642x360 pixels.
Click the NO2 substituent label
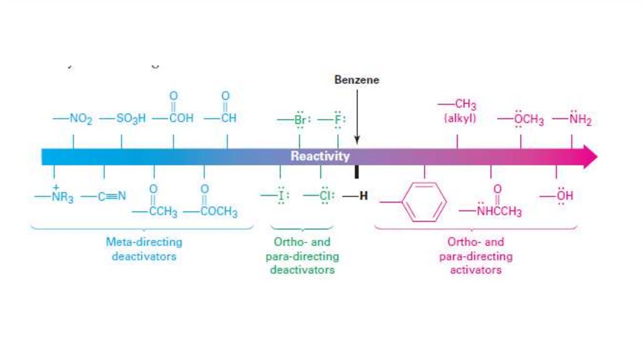tap(76, 119)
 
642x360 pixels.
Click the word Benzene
tap(357, 80)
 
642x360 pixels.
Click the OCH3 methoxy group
tap(524, 120)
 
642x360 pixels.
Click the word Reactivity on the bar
tap(320, 156)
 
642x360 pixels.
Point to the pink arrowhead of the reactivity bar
tap(590, 156)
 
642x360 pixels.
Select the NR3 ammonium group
tap(58, 197)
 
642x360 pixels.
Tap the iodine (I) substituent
tap(277, 196)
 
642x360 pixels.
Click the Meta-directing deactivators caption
tap(144, 249)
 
